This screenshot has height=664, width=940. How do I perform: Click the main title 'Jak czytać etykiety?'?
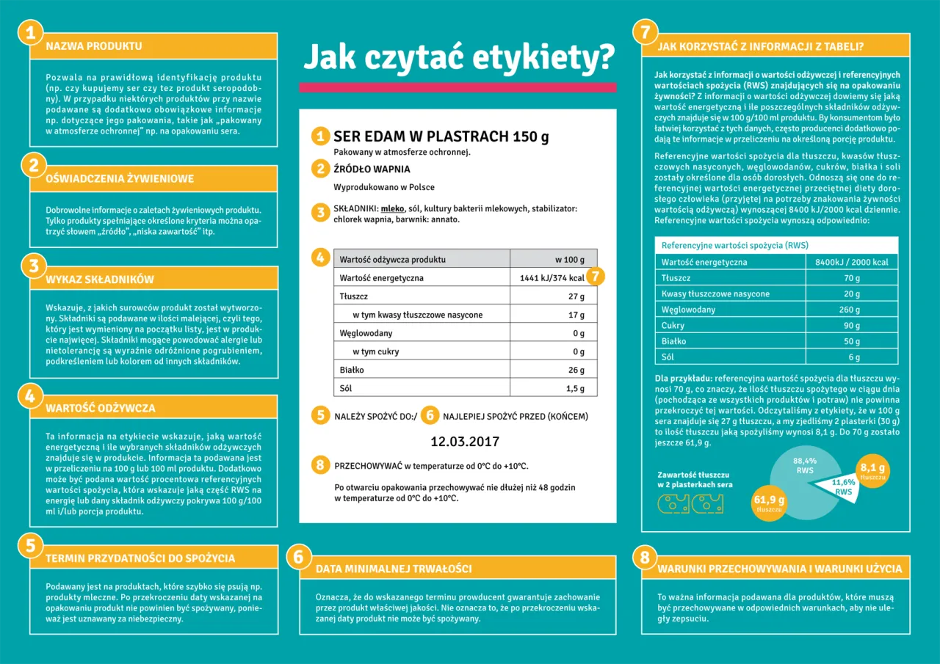point(458,56)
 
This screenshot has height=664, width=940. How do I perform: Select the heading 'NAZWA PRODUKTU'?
point(94,46)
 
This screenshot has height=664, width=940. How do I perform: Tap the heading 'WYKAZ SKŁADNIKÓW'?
point(100,280)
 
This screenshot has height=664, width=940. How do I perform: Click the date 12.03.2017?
point(464,442)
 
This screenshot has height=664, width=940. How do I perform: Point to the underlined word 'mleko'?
point(393,209)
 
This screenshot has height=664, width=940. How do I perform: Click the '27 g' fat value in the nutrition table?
point(576,296)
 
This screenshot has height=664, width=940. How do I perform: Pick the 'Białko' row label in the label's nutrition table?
point(352,370)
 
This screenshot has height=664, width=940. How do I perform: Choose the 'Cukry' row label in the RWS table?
point(673,325)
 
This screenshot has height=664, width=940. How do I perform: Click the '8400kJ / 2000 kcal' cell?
point(851,262)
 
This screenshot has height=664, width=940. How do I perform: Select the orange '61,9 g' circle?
point(769,504)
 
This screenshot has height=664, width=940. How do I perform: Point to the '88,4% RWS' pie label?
point(805,465)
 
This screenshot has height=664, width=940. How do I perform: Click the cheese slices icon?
point(690,504)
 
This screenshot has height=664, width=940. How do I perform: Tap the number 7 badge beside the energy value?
point(596,277)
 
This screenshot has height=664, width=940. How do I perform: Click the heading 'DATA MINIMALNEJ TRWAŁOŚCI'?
point(394,569)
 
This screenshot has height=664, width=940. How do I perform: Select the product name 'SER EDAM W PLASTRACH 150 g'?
point(441,136)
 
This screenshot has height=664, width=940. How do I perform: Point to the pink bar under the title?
point(457,87)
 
